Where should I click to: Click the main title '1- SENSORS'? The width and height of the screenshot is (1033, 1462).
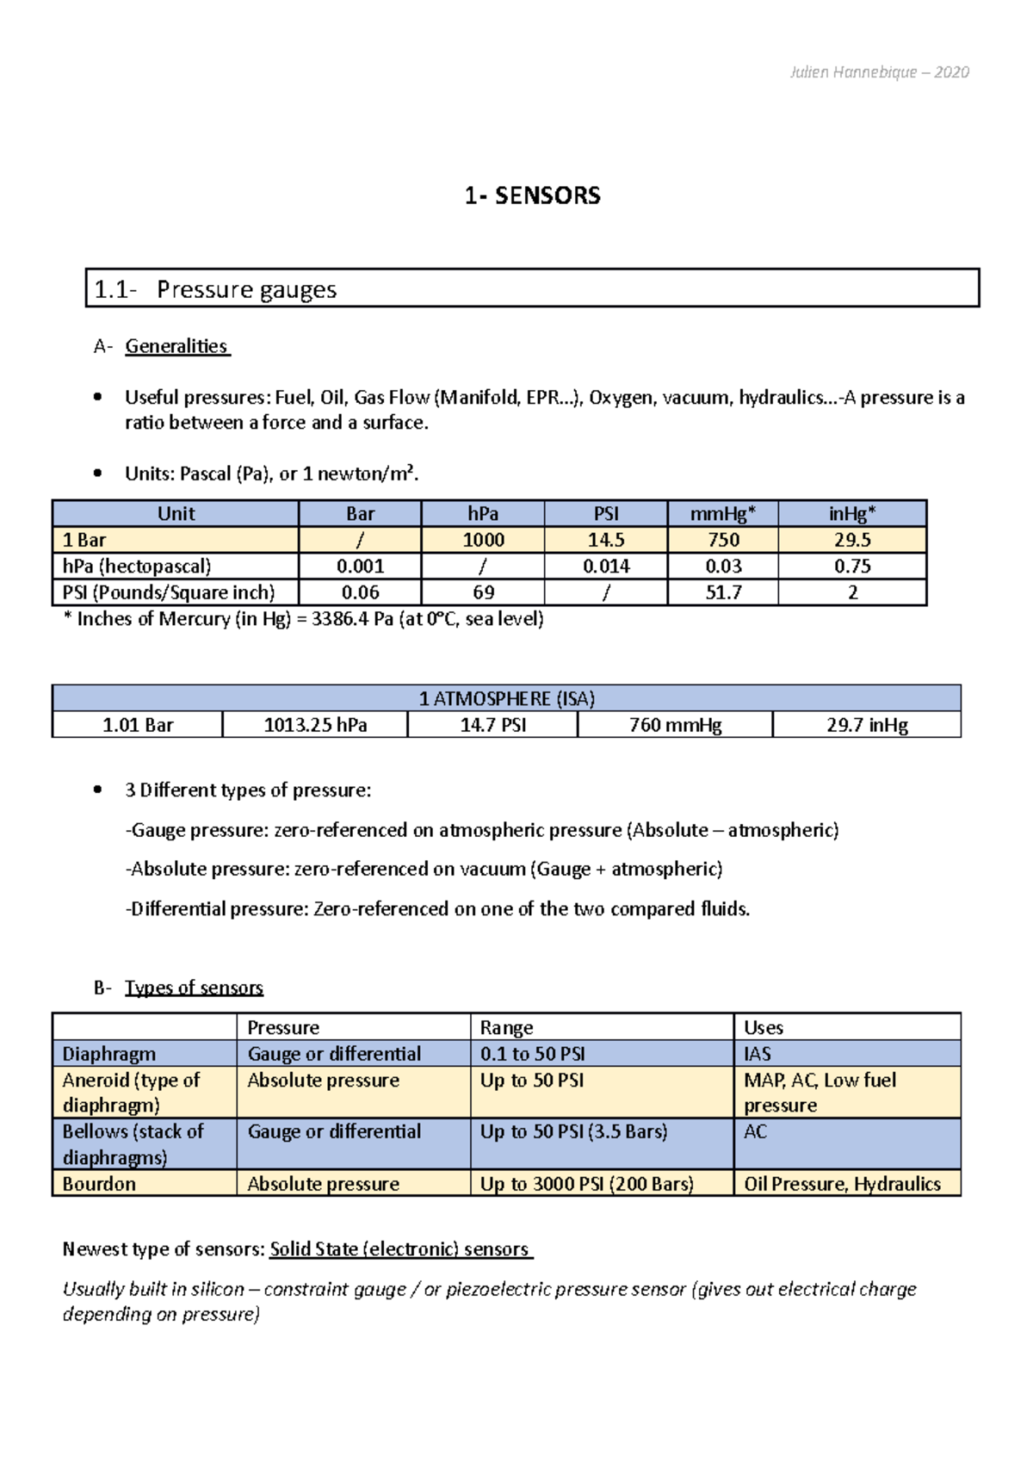pyautogui.click(x=532, y=196)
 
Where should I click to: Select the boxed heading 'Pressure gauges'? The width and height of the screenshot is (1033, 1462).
pyautogui.click(x=246, y=289)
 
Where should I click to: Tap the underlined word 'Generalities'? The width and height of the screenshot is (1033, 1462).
pyautogui.click(x=176, y=346)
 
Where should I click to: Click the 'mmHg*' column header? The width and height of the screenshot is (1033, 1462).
pyautogui.click(x=722, y=514)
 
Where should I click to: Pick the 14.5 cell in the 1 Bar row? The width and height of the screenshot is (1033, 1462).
pyautogui.click(x=606, y=540)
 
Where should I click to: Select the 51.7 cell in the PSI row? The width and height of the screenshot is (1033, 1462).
pyautogui.click(x=722, y=592)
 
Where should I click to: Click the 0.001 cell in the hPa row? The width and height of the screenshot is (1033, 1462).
pyautogui.click(x=360, y=567)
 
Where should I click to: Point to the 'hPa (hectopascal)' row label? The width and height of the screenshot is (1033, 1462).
pyautogui.click(x=137, y=567)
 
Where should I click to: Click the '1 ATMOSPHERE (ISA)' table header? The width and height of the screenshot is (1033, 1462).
pyautogui.click(x=506, y=698)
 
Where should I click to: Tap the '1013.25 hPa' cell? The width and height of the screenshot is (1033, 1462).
pyautogui.click(x=315, y=725)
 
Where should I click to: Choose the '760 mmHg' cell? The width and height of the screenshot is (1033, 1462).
pyautogui.click(x=675, y=725)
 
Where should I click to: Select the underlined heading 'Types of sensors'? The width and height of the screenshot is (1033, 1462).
pyautogui.click(x=194, y=988)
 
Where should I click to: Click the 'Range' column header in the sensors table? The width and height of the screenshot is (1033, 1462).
pyautogui.click(x=506, y=1027)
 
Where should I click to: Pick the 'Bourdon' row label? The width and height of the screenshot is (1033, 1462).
pyautogui.click(x=99, y=1184)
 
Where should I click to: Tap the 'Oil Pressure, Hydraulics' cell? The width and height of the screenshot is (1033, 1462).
pyautogui.click(x=842, y=1184)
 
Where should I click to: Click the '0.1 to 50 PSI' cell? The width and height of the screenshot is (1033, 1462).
pyautogui.click(x=533, y=1054)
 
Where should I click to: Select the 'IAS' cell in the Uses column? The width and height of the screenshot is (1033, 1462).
pyautogui.click(x=758, y=1054)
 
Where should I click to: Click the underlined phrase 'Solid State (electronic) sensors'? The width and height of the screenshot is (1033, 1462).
pyautogui.click(x=399, y=1249)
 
